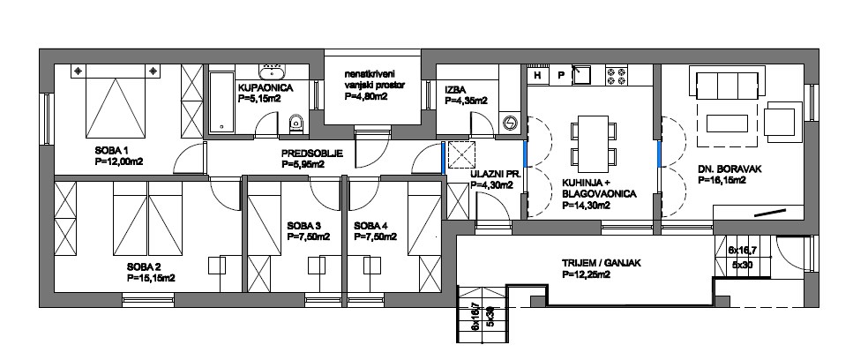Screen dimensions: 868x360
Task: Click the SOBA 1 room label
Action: pyautogui.click(x=111, y=150)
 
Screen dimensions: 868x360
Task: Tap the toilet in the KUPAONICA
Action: pyautogui.click(x=296, y=124)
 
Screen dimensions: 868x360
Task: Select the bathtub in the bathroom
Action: pyautogui.click(x=221, y=101)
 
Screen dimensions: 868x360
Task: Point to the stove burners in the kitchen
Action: pyautogui.click(x=616, y=75)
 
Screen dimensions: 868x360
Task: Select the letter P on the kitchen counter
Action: pyautogui.click(x=560, y=75)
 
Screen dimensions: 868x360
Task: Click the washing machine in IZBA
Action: pyautogui.click(x=509, y=123)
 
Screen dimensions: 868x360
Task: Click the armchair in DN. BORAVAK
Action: pyautogui.click(x=782, y=118)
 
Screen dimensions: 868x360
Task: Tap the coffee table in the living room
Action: pyautogui.click(x=723, y=123)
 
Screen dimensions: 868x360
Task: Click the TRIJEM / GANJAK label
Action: pyautogui.click(x=602, y=264)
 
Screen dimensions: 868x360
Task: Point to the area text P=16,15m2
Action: pyautogui.click(x=720, y=180)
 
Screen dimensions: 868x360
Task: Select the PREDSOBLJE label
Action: pyautogui.click(x=312, y=154)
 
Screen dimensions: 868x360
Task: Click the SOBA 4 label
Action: pyautogui.click(x=370, y=225)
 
